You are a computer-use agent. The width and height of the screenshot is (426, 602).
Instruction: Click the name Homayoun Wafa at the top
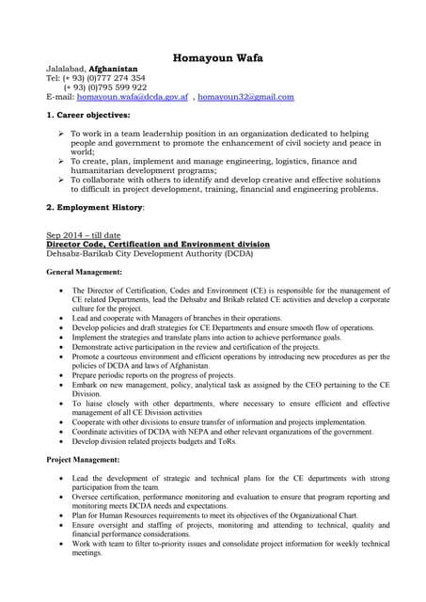[x=217, y=58]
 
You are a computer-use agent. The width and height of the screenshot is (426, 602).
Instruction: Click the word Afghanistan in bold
[x=112, y=70]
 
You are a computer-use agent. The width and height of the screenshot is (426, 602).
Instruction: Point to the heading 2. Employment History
[x=97, y=206]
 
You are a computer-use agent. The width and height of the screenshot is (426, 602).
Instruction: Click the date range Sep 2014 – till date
[x=84, y=235]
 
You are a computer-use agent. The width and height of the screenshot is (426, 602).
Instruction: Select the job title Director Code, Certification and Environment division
[x=158, y=245]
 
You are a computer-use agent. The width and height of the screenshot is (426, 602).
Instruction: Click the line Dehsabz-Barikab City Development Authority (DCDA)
[x=150, y=254]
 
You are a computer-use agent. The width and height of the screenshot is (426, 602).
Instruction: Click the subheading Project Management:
[x=83, y=459]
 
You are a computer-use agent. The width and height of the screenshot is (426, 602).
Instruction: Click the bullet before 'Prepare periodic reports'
[x=62, y=375]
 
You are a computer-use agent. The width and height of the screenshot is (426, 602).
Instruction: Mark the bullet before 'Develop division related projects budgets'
[x=62, y=441]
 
